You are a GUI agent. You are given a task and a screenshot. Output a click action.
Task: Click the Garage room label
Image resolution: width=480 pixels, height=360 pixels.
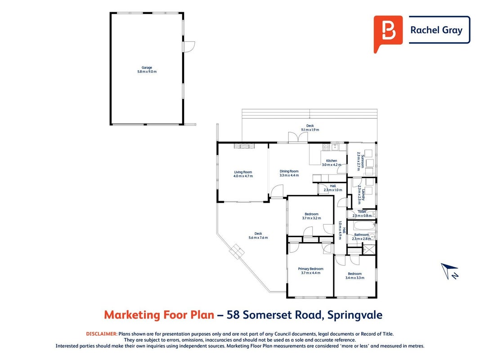click(147, 67)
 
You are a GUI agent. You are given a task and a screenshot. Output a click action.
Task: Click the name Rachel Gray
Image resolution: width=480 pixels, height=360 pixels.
click(436, 30)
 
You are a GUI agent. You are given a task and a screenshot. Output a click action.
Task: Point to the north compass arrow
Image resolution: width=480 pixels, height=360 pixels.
click(449, 271)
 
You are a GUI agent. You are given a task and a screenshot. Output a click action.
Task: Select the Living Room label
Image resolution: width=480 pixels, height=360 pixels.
click(243, 172)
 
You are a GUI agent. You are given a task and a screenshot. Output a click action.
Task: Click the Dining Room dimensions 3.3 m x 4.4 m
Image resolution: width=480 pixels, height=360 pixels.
click(289, 175)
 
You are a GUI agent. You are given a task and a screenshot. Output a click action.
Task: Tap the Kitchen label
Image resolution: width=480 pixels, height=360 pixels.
click(332, 161)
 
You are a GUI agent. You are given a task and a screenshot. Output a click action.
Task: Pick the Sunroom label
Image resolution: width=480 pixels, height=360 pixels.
click(363, 162)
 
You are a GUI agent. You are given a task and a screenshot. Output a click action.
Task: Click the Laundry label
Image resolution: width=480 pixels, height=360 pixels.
click(363, 195)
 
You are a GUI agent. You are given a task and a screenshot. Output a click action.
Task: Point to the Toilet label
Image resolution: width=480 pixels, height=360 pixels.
click(362, 211)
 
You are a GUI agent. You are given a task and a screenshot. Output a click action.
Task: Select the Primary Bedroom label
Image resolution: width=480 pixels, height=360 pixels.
click(311, 269)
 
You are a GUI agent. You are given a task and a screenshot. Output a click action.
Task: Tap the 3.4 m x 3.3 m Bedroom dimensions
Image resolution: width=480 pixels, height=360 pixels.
click(355, 278)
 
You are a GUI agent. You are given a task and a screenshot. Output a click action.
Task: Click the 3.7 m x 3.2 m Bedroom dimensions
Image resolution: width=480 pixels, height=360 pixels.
click(312, 218)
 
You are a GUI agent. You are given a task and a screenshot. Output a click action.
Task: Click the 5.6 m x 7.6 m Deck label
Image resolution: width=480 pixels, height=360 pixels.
click(258, 238)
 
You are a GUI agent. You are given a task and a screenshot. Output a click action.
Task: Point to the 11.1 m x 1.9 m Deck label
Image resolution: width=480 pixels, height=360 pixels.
click(310, 130)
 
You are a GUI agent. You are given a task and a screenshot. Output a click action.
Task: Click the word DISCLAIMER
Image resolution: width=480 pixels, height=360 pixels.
click(102, 334)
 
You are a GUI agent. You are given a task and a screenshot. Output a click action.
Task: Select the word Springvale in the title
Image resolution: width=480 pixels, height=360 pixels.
click(355, 315)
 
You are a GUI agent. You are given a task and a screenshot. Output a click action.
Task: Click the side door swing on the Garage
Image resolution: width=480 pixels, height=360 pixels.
click(189, 47)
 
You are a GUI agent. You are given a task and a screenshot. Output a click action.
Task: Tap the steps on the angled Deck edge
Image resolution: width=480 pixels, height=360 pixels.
click(237, 252)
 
